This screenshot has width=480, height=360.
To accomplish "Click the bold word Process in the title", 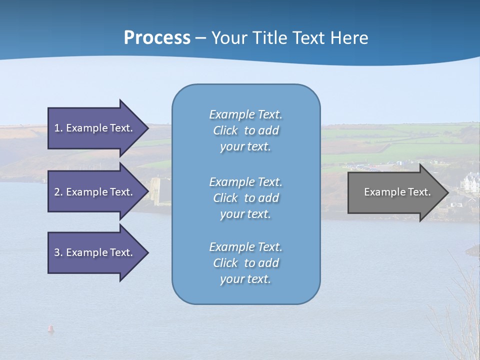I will (157, 38).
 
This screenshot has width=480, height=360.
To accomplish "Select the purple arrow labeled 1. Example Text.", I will (95, 128).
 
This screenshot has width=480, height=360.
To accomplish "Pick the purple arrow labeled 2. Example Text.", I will (95, 192).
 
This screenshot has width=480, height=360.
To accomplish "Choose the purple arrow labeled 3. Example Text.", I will (95, 252).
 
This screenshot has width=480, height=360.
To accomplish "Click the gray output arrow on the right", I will (395, 192).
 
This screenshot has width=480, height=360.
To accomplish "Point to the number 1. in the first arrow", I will (58, 128).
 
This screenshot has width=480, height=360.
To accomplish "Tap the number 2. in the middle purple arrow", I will (58, 192).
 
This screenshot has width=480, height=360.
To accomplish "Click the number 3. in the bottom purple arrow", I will (58, 252).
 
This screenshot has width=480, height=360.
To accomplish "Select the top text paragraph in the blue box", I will (245, 130).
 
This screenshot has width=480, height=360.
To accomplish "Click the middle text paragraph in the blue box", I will (245, 198).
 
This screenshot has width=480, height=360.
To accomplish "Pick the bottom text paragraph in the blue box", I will (245, 263).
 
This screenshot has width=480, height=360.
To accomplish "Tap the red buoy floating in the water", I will (50, 328).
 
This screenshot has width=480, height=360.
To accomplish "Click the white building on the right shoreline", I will (471, 182).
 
